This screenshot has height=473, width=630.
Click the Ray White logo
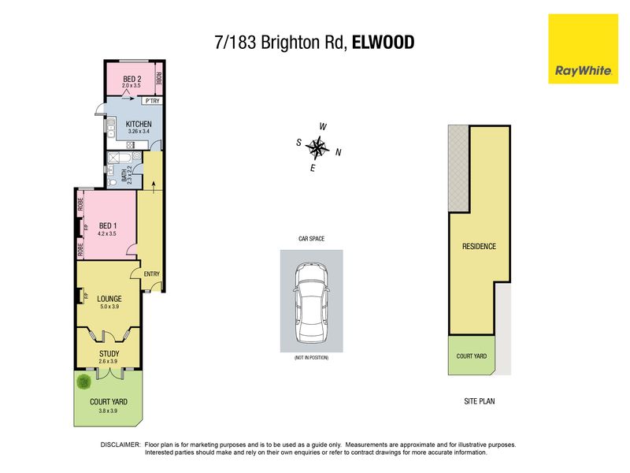[583, 49]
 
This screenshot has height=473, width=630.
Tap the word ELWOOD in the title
[383, 43]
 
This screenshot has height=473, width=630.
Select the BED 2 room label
[132, 79]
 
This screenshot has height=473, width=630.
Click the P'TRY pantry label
[152, 101]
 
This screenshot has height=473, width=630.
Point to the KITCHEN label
[139, 124]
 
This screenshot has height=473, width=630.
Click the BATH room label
[124, 175]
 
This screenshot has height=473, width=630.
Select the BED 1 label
[108, 225]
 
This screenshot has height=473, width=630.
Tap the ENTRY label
[151, 274]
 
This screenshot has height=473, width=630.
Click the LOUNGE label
[109, 299]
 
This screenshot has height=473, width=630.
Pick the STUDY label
[109, 353]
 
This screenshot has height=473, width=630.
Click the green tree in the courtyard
[84, 382]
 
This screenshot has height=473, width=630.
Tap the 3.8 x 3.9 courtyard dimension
[108, 411]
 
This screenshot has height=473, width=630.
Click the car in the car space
[311, 304]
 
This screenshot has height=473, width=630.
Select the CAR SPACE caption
[311, 239]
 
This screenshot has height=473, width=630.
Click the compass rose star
[317, 147]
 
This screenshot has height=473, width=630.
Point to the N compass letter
[339, 152]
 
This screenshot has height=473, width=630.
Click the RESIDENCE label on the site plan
[479, 246]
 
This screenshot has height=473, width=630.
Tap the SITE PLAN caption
[480, 401]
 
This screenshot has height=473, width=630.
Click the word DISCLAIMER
[120, 445]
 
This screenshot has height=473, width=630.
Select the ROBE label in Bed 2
[159, 78]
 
